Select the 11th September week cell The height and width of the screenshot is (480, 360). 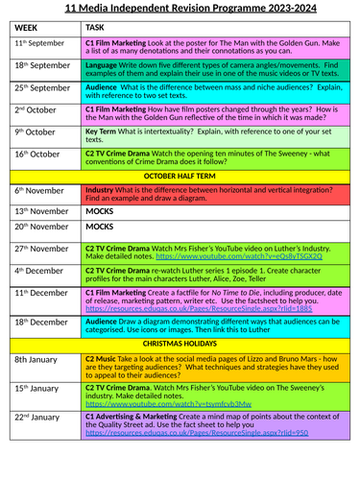(40, 44)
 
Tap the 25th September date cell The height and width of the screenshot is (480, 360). (42, 87)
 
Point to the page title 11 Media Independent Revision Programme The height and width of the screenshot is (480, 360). (180, 9)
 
